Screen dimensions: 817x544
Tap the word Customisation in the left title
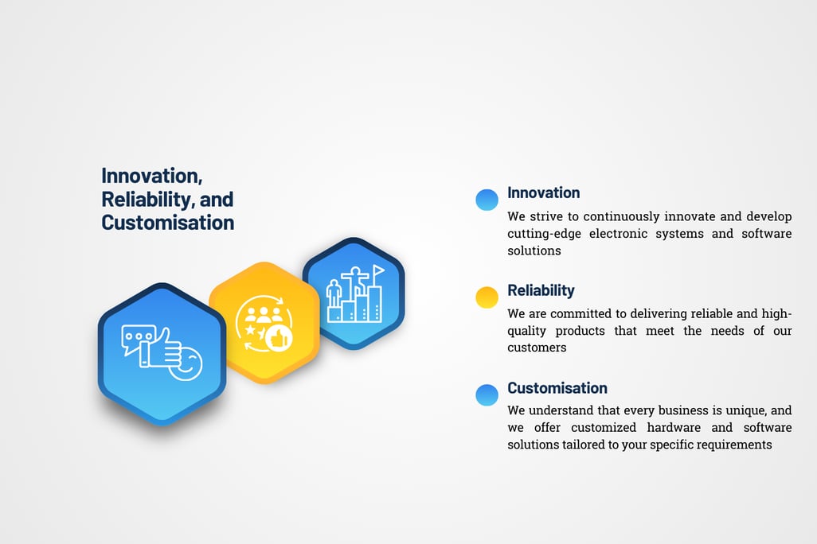(168, 223)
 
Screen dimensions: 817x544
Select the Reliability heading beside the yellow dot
(541, 290)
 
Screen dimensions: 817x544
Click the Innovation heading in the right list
(543, 192)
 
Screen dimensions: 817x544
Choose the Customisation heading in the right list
(557, 388)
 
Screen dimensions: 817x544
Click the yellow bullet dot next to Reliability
(487, 297)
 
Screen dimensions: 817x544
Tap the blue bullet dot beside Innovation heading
(487, 200)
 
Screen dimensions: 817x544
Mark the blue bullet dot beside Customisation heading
(487, 394)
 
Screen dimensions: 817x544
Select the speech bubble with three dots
(138, 338)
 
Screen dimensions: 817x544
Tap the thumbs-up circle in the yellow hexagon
(278, 338)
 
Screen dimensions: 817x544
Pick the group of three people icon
(264, 314)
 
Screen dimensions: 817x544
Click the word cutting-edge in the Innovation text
(544, 234)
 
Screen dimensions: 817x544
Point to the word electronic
(619, 233)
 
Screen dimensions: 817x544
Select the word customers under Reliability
(537, 348)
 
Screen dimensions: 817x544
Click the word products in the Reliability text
(580, 331)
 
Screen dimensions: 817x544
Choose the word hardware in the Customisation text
(674, 427)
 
